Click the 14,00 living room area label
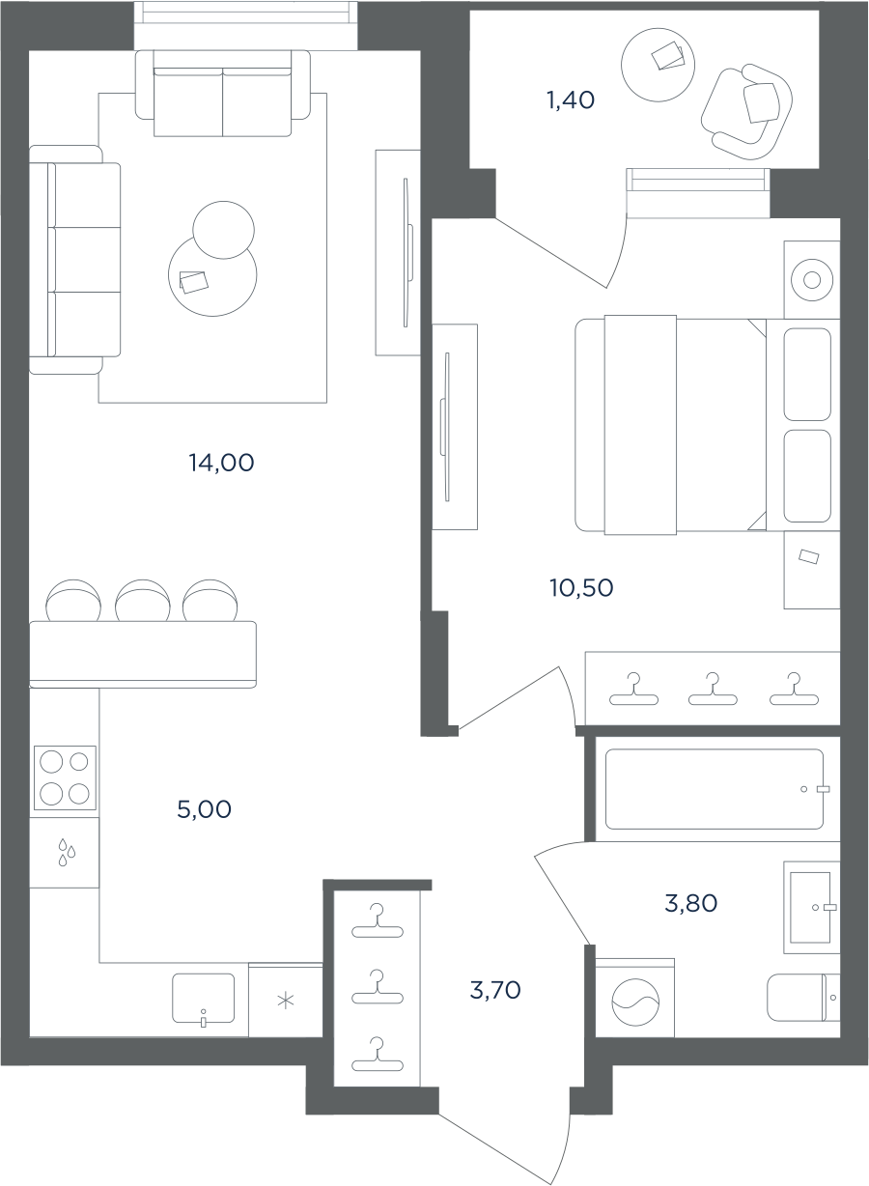(x=221, y=463)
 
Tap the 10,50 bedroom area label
(x=581, y=588)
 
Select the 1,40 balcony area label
(x=571, y=100)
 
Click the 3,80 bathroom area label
(x=691, y=903)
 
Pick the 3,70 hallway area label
(x=495, y=990)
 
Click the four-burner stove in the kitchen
(x=65, y=777)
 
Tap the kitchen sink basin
(x=203, y=998)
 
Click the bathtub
(x=715, y=789)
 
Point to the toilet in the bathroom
(x=803, y=998)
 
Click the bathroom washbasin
(x=811, y=908)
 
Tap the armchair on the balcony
(x=746, y=111)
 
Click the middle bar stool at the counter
(x=143, y=601)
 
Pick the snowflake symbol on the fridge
(x=286, y=1001)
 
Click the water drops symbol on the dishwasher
(x=67, y=852)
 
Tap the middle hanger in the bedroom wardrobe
(x=713, y=689)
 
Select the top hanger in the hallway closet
(x=378, y=920)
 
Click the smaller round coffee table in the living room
(x=223, y=230)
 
